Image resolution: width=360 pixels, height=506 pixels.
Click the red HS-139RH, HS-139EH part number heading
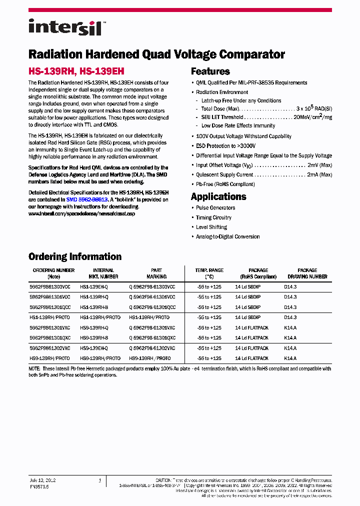[x=76, y=71]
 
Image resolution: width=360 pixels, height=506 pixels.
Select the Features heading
[x=210, y=71]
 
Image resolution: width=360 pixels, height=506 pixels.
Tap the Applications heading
[x=218, y=196]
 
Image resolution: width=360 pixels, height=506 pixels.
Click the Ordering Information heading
[x=75, y=256]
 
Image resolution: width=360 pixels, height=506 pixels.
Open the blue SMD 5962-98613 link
[x=87, y=199]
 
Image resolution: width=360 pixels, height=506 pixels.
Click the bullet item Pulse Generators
[x=215, y=208]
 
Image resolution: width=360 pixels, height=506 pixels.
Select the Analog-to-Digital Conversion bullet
[x=227, y=236]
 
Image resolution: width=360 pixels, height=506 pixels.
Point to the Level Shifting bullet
[x=211, y=227]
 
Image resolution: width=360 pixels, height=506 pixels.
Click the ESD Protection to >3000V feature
[x=225, y=146]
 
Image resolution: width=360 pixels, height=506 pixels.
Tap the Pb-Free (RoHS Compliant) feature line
[x=225, y=184]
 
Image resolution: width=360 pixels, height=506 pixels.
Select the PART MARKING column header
[x=152, y=273]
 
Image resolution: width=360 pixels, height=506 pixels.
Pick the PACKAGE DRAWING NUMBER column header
[x=307, y=273]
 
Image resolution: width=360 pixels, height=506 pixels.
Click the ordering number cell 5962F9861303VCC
[x=50, y=287]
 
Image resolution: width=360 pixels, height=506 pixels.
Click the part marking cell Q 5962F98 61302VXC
[x=152, y=348]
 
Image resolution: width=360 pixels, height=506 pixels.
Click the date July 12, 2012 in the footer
[x=42, y=480]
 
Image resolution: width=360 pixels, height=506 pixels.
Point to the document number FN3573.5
[x=39, y=485]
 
